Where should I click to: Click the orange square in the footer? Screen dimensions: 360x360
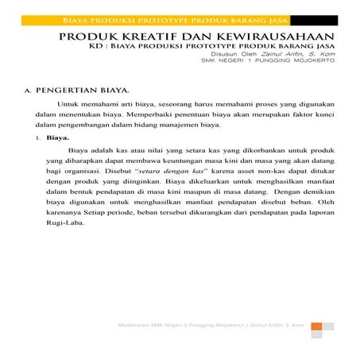coord(315,326)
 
